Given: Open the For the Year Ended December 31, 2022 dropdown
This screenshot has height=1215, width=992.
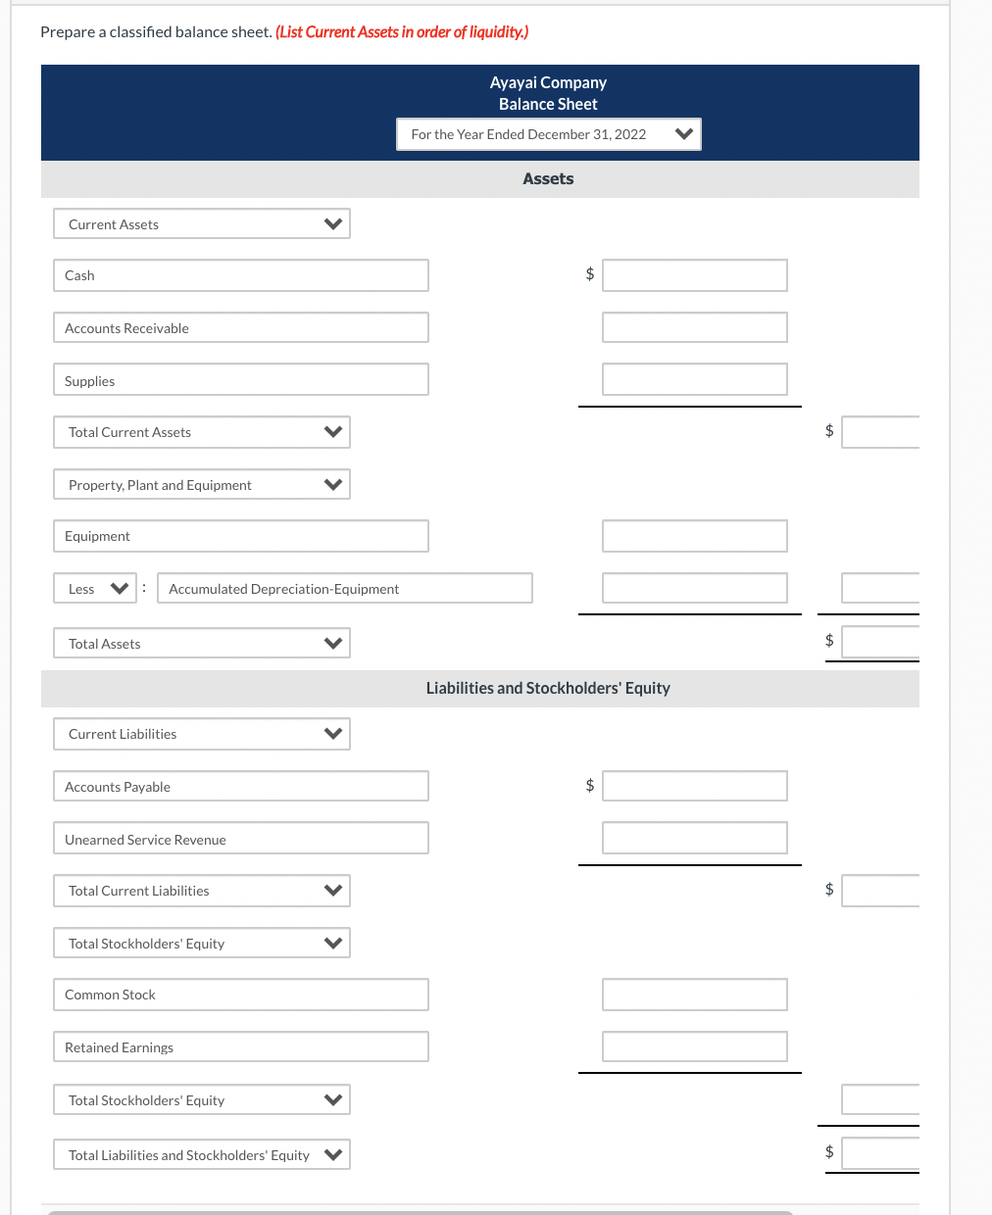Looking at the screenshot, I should click(x=548, y=134).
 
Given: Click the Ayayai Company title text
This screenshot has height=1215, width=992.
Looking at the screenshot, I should click(x=548, y=82).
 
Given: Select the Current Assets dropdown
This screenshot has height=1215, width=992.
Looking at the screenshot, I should click(x=201, y=223).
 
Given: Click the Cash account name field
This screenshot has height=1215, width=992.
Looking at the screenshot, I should click(x=240, y=275).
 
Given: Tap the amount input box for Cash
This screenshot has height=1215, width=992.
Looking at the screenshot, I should click(x=694, y=275).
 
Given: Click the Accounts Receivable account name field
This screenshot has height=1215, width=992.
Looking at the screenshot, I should click(x=240, y=327).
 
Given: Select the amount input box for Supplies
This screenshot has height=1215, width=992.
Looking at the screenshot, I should click(x=694, y=379).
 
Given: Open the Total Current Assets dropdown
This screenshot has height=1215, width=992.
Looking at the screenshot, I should click(x=201, y=432).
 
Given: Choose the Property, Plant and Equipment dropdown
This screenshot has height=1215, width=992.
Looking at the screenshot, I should click(x=201, y=484).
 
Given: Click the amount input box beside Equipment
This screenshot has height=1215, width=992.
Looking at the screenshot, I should click(x=694, y=536).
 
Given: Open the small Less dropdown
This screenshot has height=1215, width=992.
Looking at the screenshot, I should click(x=94, y=588).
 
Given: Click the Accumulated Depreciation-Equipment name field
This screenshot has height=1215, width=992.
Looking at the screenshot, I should click(x=344, y=588).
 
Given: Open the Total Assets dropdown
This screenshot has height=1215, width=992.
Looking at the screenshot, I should click(x=201, y=643).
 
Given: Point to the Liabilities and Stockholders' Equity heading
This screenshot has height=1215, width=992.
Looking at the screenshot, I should click(x=548, y=688).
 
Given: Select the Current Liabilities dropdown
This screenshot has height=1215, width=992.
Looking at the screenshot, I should click(x=201, y=734).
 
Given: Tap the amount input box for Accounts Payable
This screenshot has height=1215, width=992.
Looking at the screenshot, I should click(x=694, y=786).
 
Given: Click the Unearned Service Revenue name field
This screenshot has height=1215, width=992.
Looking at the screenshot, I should click(x=240, y=839).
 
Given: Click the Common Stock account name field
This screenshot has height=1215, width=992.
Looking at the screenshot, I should click(x=240, y=995).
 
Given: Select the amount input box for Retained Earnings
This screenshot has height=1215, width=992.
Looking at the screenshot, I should click(x=694, y=1046).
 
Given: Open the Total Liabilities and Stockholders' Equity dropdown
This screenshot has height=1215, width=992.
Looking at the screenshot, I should click(x=201, y=1154).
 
